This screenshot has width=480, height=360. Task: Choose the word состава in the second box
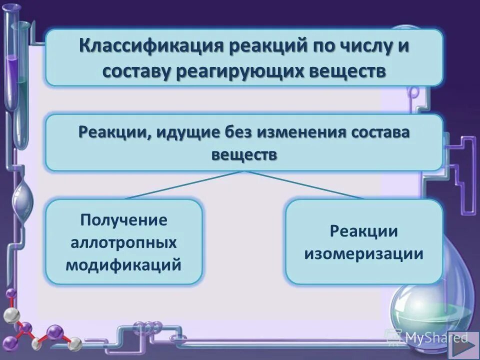point(379,133)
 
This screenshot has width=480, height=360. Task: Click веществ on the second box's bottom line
point(244,154)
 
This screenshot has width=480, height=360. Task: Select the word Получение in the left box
point(124,220)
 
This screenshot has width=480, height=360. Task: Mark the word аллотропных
point(124,242)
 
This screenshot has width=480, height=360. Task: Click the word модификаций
point(124,264)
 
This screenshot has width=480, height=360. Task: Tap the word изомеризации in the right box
point(364,253)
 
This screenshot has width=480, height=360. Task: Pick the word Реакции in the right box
point(364,231)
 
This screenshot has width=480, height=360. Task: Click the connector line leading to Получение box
point(185,185)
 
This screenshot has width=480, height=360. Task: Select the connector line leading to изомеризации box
point(305,185)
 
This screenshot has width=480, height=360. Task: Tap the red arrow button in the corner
point(463,345)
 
